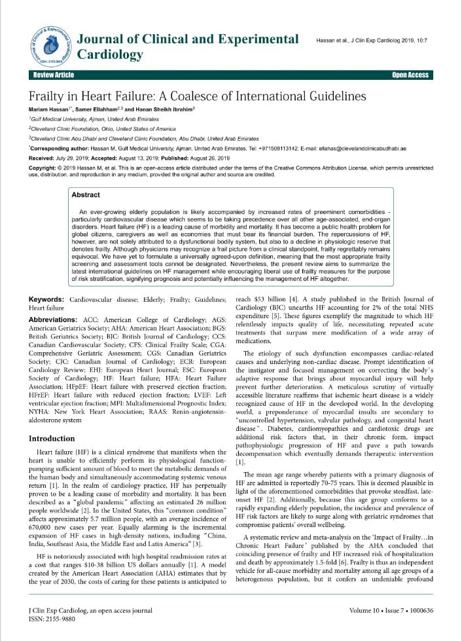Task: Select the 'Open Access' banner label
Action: (x=410, y=75)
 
